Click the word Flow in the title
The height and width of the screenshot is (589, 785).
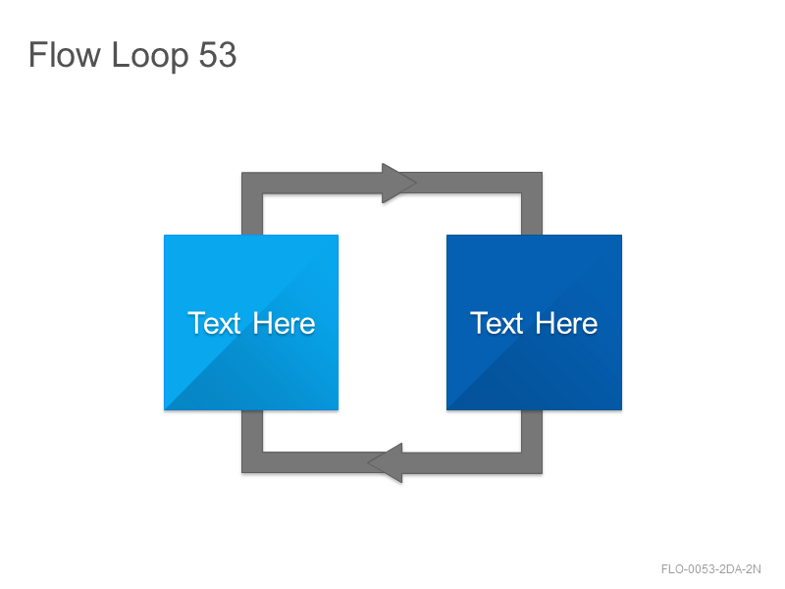pos(65,54)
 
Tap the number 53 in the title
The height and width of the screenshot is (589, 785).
pos(217,54)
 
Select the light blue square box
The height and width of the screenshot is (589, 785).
pos(251,323)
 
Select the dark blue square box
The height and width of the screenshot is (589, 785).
pos(534,323)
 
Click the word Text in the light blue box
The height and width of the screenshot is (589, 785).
pos(214,323)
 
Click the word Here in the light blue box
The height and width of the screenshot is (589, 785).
pos(284,323)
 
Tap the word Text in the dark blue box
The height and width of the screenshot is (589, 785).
pos(497,323)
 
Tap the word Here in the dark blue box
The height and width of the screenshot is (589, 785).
pos(566,323)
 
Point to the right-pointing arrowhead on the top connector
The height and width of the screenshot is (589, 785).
pos(398,183)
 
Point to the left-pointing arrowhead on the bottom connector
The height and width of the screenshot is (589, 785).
pos(385,462)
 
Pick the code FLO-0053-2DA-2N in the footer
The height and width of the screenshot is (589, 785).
pos(710,569)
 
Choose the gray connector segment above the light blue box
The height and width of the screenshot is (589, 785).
pos(252,214)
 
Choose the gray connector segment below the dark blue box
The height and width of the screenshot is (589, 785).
pos(532,431)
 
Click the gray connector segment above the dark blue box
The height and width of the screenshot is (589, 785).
pos(532,214)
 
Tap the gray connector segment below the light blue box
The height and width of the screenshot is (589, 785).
pos(252,431)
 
